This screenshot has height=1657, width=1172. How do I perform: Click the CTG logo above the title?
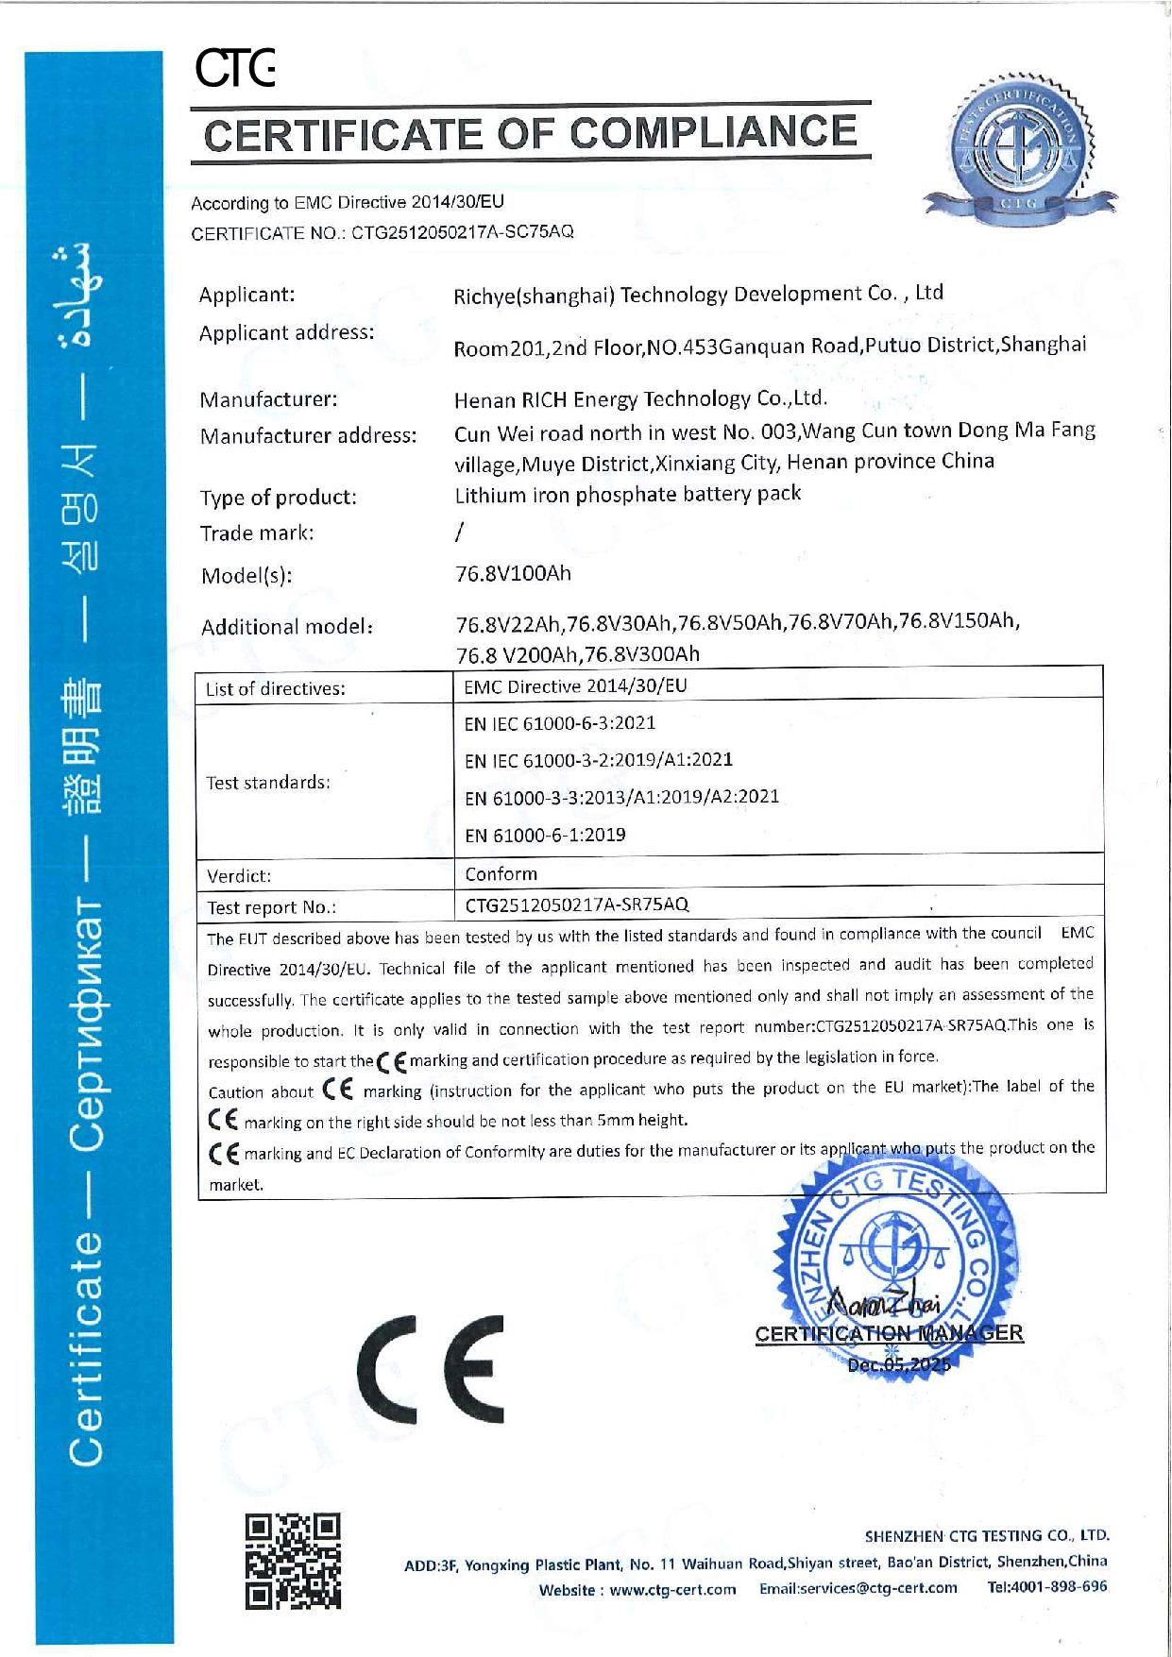(x=234, y=70)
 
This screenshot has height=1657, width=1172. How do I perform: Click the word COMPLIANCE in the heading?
(x=715, y=132)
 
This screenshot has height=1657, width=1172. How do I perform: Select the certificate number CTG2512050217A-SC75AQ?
(x=463, y=232)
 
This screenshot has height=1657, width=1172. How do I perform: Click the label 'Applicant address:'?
(x=286, y=332)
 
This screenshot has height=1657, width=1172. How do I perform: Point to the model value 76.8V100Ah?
(x=513, y=573)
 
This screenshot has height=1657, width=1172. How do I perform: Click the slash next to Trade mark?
(x=459, y=533)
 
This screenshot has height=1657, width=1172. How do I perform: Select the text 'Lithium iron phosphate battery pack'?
(x=627, y=494)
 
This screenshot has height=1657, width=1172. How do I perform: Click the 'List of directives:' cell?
(x=276, y=688)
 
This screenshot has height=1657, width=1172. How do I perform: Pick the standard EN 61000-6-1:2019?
(x=545, y=835)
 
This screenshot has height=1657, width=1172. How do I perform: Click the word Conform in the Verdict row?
(x=501, y=874)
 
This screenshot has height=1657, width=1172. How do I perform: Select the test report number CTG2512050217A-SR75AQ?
(x=577, y=905)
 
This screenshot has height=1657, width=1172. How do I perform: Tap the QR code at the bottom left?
(x=293, y=1561)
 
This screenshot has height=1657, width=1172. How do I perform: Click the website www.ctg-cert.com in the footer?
(x=672, y=1590)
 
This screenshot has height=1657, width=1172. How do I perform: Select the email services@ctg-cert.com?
(x=858, y=1588)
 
